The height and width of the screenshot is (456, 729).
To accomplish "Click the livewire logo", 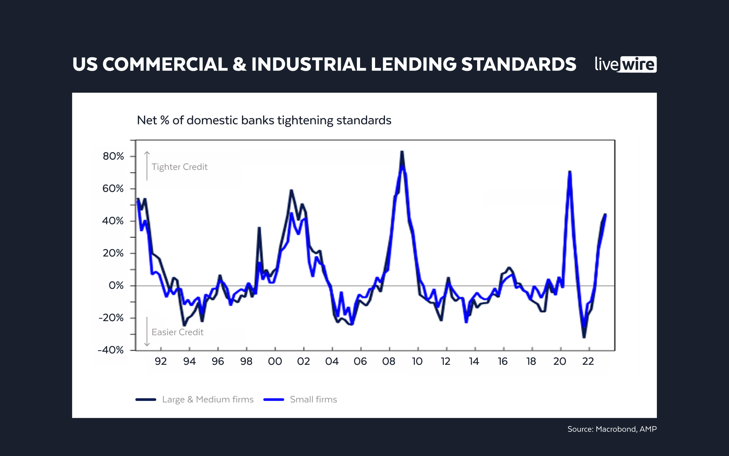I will coord(625,65).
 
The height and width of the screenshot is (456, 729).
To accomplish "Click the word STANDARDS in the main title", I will coord(519,65).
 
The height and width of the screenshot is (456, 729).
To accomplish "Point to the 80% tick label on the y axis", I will coord(113,156).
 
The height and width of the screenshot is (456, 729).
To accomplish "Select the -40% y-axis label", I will coord(111,350).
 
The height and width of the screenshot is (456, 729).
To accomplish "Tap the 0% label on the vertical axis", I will coord(116,286).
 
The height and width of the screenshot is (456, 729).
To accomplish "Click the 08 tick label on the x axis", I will coord(389,362).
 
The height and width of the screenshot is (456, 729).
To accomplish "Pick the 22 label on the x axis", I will coord(588,362).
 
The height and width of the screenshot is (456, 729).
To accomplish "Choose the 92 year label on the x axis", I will coord(161,362).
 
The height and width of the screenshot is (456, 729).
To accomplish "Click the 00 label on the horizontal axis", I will coord(275,362).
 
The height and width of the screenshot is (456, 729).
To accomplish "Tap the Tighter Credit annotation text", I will coord(179,167).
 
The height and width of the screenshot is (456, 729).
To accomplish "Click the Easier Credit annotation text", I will coord(178,332).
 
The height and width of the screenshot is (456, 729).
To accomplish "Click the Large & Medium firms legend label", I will coord(208,399).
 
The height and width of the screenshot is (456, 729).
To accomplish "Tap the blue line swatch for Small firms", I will coord(274,399).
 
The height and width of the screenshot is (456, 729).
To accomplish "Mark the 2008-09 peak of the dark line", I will coord(402,152).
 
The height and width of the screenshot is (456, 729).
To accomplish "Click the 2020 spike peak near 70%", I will coord(569,172).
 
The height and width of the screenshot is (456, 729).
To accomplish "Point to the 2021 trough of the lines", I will coord(584,336).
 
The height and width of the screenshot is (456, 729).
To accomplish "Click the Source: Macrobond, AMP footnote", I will coord(612,429).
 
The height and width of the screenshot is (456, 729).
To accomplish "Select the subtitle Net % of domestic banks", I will coord(264,120).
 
